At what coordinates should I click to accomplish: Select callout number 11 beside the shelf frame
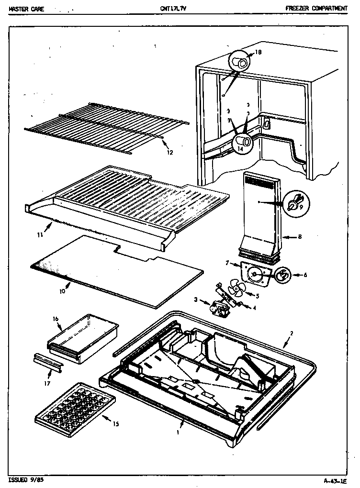(x=40, y=234)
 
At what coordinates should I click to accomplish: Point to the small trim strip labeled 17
(x=48, y=363)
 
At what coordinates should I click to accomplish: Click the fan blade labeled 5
(x=236, y=289)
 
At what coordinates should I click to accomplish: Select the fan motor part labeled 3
(x=218, y=309)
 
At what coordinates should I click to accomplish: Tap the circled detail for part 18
(x=239, y=63)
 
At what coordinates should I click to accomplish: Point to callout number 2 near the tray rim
(x=292, y=333)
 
